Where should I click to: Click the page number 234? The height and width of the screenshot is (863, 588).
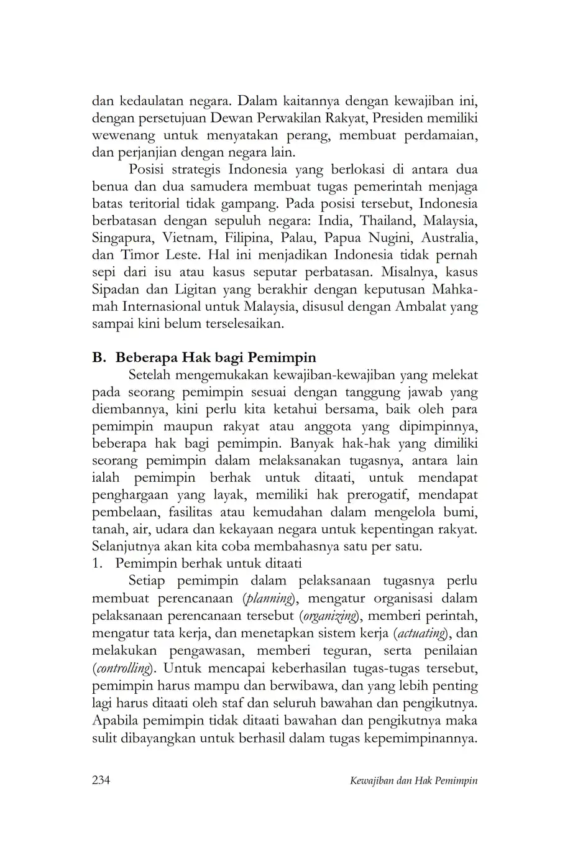pyautogui.click(x=101, y=780)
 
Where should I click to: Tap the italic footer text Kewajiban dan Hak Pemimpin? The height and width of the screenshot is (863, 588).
pyautogui.click(x=414, y=781)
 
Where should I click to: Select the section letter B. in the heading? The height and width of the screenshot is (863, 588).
pyautogui.click(x=99, y=358)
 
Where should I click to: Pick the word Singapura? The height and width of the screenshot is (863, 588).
pyautogui.click(x=123, y=238)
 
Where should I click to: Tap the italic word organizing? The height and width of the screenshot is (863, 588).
pyautogui.click(x=329, y=616)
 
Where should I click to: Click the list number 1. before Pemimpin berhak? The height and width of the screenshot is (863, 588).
pyautogui.click(x=97, y=564)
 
